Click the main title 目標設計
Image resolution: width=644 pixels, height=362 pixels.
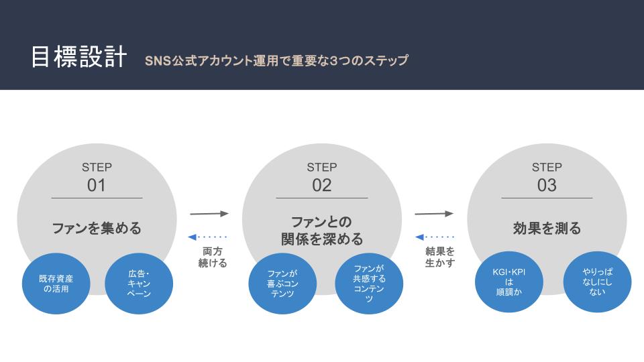(x=79, y=56)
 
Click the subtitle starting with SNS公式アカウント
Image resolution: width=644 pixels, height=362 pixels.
(x=276, y=60)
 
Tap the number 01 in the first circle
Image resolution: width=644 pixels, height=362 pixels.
(x=97, y=185)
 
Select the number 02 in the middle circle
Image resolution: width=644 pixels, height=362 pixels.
(x=321, y=185)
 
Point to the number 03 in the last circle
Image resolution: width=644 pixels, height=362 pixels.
(x=547, y=185)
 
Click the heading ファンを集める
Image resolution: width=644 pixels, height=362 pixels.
(x=97, y=228)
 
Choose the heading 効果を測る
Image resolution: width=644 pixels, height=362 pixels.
(x=547, y=228)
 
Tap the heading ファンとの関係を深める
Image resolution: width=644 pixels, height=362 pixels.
(x=321, y=230)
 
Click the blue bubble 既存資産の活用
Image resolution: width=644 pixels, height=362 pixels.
(x=56, y=284)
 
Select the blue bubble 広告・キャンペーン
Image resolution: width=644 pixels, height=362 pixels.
(x=139, y=284)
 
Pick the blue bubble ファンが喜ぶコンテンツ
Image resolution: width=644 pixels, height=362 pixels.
(x=282, y=284)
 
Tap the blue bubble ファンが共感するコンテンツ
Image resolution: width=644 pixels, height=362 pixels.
(x=369, y=284)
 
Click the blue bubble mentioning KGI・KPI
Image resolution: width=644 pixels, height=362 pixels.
(x=509, y=282)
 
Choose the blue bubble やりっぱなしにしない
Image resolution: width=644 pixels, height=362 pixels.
(x=597, y=282)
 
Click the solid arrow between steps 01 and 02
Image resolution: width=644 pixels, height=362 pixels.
(x=209, y=213)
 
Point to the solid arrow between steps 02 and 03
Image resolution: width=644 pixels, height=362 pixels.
(x=434, y=213)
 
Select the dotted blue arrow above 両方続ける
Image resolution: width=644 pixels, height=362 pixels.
(x=207, y=237)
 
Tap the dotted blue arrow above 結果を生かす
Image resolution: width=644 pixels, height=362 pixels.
(x=435, y=237)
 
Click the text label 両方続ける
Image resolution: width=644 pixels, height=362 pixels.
(x=213, y=257)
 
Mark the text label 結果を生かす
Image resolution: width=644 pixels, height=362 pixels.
(x=440, y=257)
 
